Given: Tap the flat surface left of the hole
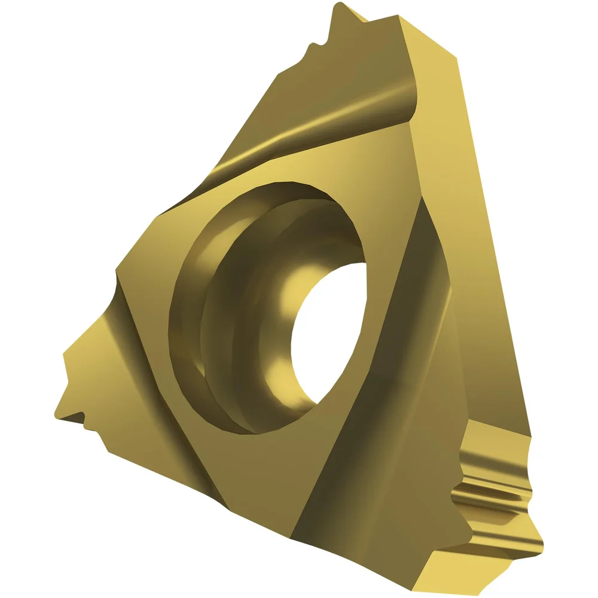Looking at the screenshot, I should coord(144,269).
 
